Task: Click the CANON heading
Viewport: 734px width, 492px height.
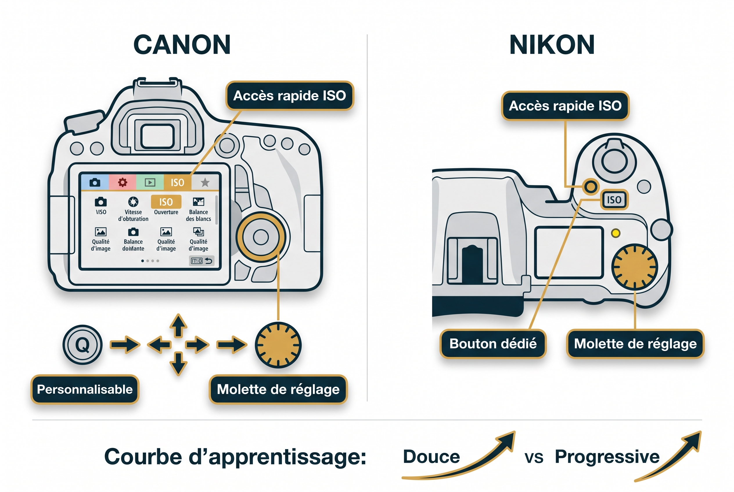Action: pos(182,45)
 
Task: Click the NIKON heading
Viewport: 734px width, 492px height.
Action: pos(552,45)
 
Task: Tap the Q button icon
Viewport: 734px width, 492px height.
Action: pos(82,345)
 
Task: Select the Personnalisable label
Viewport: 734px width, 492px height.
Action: pos(85,389)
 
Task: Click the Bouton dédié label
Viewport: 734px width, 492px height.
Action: pos(493,343)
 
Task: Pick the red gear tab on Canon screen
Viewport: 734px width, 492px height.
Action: pos(123,182)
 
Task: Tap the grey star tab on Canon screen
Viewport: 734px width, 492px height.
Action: pos(205,182)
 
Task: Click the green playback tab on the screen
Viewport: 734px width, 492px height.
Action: pos(150,182)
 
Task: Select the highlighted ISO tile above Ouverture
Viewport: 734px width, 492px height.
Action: pos(166,202)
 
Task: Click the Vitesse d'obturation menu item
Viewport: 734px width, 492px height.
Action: pos(133,209)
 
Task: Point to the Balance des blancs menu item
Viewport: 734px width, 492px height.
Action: pos(199,209)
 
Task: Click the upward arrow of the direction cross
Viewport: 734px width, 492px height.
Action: pos(178,325)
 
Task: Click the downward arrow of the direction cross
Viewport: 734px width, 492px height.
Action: pos(178,364)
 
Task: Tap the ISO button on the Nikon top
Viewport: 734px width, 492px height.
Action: pos(614,200)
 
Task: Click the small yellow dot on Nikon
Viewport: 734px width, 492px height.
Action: pos(616,233)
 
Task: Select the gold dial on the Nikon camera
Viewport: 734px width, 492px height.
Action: pos(634,267)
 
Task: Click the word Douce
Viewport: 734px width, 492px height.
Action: pos(431,457)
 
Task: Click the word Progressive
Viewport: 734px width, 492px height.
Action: pos(607,457)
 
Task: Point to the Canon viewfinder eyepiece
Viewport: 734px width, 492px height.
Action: pos(157,136)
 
